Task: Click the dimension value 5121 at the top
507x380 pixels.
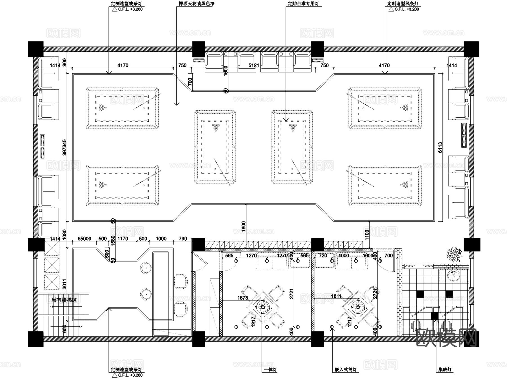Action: (253, 65)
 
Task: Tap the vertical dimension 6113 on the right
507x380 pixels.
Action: (440, 148)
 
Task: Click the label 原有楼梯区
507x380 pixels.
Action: (64, 300)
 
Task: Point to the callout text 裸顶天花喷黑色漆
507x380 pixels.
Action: (199, 4)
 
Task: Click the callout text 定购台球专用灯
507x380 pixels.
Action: (303, 4)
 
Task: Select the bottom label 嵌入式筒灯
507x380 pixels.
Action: (346, 370)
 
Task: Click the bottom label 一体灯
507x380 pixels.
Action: (271, 370)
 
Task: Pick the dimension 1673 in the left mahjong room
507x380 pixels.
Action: (243, 298)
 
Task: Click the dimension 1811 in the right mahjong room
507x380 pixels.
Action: (336, 296)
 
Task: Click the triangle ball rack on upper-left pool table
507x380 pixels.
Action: (103, 107)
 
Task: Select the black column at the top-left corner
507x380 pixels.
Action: (36, 49)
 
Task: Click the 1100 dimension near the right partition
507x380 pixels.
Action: (367, 235)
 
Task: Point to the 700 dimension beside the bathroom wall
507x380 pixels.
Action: (388, 256)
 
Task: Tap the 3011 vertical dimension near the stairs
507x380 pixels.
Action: (65, 284)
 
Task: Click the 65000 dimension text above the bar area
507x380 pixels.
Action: (84, 239)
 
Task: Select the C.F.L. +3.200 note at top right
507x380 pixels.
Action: (406, 9)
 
